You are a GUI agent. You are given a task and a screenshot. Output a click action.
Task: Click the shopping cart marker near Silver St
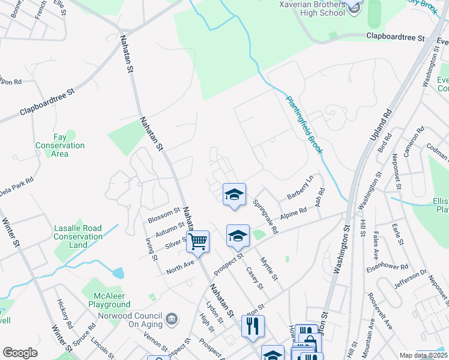(197, 242)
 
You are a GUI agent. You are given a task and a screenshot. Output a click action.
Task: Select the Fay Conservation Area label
(59, 146)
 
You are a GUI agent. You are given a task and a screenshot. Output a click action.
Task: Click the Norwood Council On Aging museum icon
(172, 317)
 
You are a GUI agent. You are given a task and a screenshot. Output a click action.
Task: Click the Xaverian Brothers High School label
(312, 8)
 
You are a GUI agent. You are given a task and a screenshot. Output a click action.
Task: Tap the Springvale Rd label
(265, 217)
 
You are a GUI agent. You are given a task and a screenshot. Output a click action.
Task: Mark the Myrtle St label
(269, 269)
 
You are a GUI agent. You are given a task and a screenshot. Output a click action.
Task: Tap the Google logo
(20, 353)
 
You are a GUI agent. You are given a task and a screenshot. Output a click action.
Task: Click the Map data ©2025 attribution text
(423, 355)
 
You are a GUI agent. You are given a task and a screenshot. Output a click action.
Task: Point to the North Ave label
(181, 267)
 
